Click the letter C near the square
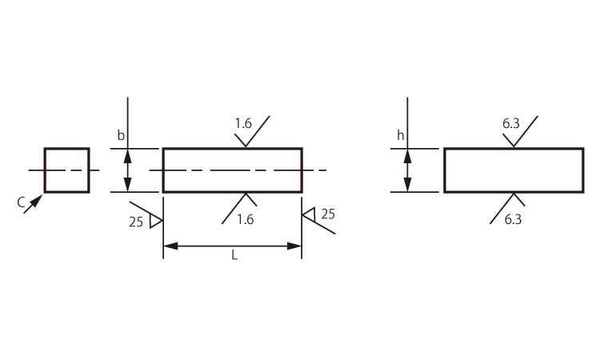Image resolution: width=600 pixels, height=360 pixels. (22, 203)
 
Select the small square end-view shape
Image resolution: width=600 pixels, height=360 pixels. (66, 170)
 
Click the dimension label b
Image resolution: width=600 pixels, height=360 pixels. (121, 136)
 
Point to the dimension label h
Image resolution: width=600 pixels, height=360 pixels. (401, 136)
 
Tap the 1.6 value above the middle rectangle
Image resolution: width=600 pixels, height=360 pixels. (243, 123)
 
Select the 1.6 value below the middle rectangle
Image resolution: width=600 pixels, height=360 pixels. (245, 219)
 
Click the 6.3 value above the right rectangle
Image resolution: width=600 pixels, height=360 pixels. (512, 123)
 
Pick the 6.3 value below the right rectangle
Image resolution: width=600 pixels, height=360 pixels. (514, 219)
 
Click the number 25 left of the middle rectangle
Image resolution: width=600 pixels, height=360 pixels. (135, 222)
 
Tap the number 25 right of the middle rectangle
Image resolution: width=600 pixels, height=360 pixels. (328, 214)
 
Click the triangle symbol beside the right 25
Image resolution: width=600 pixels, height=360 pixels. (308, 214)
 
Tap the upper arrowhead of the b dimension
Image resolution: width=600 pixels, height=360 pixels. (126, 154)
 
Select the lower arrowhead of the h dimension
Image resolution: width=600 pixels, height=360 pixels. (407, 186)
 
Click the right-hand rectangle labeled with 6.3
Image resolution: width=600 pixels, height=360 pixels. (514, 170)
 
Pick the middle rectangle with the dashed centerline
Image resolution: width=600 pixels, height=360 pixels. (232, 170)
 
